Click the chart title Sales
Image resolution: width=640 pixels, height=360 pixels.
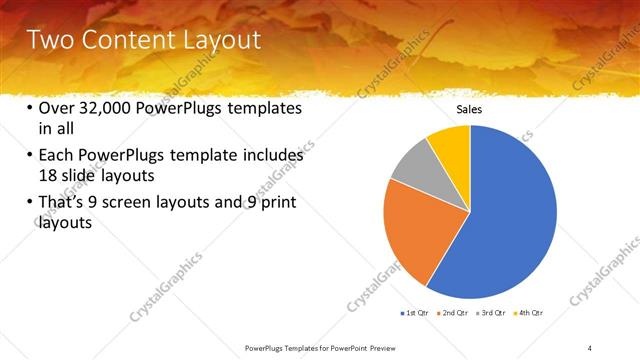tap(470, 109)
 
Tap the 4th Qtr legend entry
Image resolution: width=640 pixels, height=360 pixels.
tap(528, 314)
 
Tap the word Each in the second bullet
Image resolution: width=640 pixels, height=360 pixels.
tap(58, 156)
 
